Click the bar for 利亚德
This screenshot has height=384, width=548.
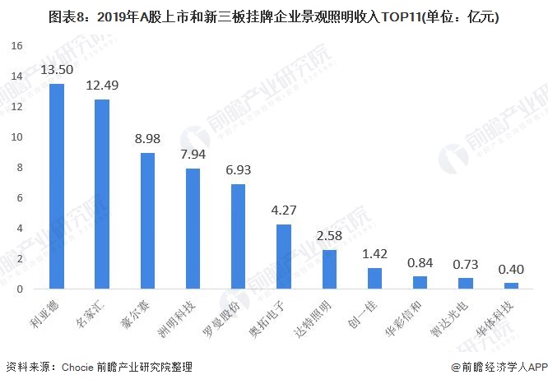57,186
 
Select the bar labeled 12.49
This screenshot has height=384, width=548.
102,194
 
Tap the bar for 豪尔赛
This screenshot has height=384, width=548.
147,221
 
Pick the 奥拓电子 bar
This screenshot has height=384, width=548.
284,257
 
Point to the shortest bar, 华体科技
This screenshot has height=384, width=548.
511,286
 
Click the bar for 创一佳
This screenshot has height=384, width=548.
374,279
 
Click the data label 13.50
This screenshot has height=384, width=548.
57,70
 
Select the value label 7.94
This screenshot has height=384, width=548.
193,154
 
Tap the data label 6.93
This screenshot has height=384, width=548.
239,170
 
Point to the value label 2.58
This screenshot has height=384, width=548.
329,235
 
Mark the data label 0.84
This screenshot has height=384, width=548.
420,263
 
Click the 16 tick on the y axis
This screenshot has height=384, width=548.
16,46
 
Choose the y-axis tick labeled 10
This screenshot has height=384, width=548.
16,137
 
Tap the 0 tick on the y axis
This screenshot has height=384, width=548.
20,289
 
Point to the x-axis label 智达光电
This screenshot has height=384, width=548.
449,319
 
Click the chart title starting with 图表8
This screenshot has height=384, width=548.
274,16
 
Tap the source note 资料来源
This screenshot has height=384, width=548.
100,367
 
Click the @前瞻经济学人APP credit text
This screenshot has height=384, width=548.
499,368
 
